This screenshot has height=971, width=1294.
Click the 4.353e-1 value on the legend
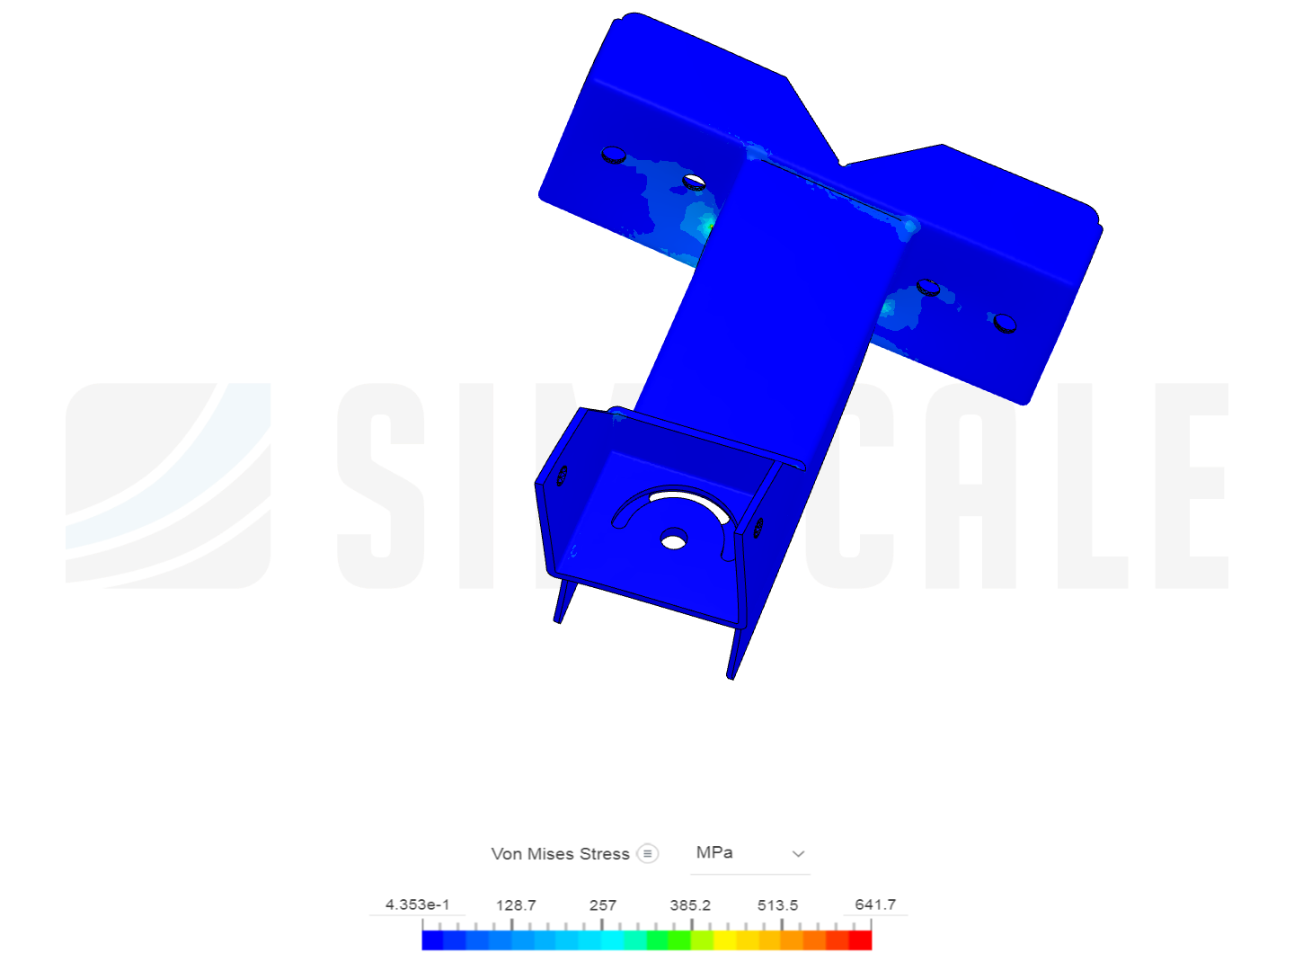coord(417,904)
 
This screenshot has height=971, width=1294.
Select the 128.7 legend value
coord(516,904)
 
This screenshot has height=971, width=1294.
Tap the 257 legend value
coord(603,904)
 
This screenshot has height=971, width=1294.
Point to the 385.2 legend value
coord(690,904)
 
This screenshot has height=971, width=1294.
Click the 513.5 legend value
coord(777,904)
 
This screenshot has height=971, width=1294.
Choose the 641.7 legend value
coord(875,904)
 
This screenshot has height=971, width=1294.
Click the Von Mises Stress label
coord(560,853)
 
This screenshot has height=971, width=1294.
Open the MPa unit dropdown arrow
coord(798,853)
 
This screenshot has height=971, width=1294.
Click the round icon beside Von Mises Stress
coord(647,853)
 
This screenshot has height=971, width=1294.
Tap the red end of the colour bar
coord(861,940)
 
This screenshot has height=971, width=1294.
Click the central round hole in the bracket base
coord(673,539)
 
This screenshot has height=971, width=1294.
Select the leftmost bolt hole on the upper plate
coord(614,155)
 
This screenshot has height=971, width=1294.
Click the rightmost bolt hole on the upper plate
coord(1005,322)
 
